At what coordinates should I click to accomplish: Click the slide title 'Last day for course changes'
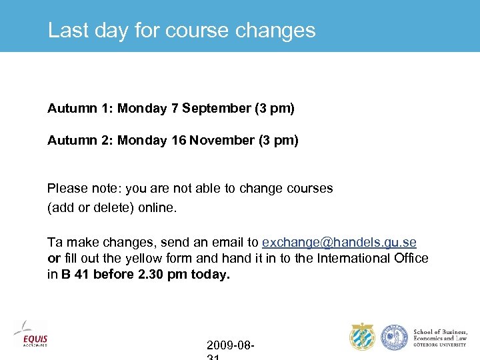[x=181, y=31]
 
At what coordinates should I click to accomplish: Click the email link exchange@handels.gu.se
[x=339, y=243]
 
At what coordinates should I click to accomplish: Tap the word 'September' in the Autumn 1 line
[x=216, y=109]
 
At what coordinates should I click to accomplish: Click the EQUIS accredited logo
[x=31, y=335]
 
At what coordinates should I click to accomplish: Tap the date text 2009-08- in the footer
[x=230, y=345]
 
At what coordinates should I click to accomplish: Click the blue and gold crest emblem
[x=363, y=337]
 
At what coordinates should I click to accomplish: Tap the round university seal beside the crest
[x=394, y=337]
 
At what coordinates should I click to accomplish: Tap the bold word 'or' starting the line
[x=53, y=258]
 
